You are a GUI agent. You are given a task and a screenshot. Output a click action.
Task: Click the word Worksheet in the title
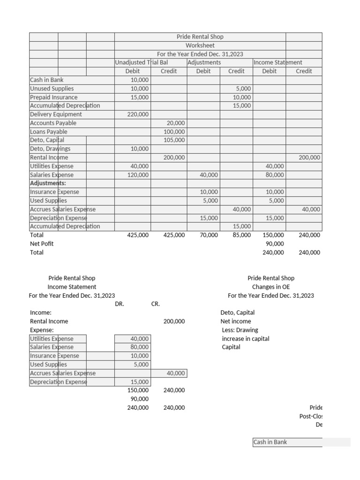click(200, 45)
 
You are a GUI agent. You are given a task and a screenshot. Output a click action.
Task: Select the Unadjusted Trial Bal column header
click(142, 62)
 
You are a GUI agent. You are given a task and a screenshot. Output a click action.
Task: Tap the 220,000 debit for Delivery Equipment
click(138, 114)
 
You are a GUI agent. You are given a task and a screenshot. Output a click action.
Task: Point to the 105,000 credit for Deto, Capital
click(174, 140)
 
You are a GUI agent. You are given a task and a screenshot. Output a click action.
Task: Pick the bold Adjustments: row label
click(48, 183)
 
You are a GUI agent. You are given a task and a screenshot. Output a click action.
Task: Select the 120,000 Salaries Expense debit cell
click(138, 175)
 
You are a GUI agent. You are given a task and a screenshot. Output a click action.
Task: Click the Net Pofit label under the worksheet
click(42, 244)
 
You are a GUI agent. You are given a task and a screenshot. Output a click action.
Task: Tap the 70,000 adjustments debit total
click(209, 235)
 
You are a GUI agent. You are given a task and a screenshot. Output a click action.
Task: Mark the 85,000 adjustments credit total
click(241, 235)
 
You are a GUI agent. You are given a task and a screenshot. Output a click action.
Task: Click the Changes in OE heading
click(271, 287)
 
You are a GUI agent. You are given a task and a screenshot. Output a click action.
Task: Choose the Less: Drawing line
click(239, 330)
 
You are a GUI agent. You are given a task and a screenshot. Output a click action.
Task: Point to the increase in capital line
click(246, 338)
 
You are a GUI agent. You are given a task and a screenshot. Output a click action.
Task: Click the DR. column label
click(120, 304)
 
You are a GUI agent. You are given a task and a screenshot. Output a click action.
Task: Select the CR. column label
click(156, 304)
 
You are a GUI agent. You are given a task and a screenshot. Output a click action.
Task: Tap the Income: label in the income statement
click(41, 313)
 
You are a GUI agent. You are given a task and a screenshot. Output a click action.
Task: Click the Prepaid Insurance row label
click(54, 97)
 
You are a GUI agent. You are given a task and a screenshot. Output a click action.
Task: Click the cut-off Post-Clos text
click(311, 416)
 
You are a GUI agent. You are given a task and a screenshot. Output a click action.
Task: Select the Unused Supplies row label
click(52, 89)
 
